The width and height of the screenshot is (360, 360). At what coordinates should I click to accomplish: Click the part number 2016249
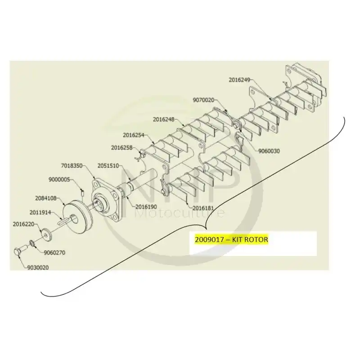click(239, 80)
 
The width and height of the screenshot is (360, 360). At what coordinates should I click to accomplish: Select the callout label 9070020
click(203, 100)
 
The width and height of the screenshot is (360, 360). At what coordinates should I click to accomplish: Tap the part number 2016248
click(164, 119)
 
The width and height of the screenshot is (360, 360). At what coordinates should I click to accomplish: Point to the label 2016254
click(133, 135)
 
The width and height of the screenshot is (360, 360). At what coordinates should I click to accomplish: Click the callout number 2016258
click(121, 148)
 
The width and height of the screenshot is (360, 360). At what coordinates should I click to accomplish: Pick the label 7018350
click(72, 166)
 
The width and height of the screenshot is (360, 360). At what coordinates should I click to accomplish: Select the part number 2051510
click(108, 166)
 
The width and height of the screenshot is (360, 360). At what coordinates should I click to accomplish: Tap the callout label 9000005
click(59, 180)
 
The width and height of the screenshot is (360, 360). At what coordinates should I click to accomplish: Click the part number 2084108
click(46, 198)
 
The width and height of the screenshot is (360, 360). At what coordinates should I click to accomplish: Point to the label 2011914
click(40, 213)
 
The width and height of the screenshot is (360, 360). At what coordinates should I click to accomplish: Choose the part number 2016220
click(23, 224)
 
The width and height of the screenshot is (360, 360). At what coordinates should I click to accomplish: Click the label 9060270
click(54, 253)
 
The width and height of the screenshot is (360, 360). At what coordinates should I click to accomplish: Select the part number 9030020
click(38, 268)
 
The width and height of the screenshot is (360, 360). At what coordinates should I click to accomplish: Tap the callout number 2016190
click(146, 207)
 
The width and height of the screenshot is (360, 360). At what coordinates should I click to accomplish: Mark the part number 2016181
click(203, 208)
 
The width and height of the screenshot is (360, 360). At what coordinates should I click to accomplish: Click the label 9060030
click(269, 151)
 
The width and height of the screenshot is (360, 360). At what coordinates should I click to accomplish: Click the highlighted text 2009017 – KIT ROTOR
click(231, 240)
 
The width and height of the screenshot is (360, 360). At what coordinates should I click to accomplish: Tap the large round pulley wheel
click(77, 217)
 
